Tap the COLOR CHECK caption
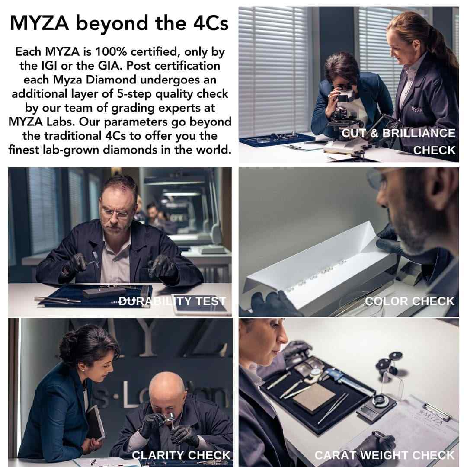pos(409,301)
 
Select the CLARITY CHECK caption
pos(181,455)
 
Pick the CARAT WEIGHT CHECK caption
pos(384,455)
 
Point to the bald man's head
pos(167,385)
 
